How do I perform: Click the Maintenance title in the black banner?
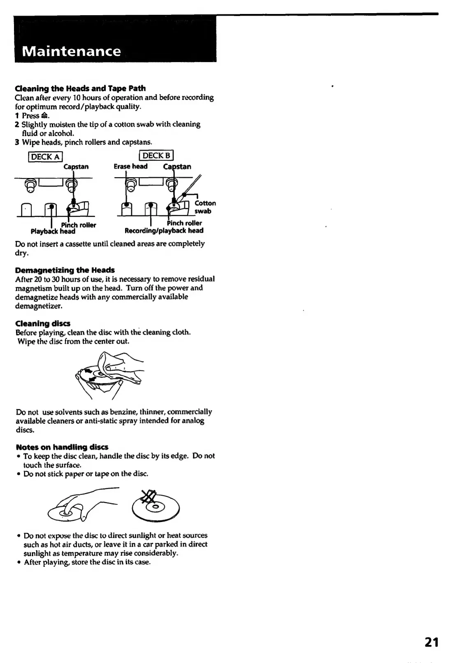72,51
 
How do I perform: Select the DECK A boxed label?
45,157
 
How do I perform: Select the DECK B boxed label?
156,155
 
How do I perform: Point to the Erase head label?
130,166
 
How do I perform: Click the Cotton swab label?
204,207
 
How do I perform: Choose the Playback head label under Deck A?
53,231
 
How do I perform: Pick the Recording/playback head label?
164,231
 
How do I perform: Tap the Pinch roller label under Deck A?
79,225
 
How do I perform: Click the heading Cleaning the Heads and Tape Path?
80,88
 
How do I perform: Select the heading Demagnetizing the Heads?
65,270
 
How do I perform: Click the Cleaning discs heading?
43,323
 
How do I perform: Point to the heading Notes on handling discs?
62,447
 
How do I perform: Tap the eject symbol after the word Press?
45,116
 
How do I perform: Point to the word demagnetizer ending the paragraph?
39,306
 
